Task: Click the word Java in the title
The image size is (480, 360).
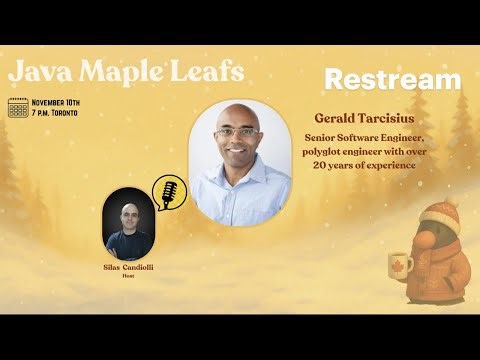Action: point(36,72)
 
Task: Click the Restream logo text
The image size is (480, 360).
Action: point(393,80)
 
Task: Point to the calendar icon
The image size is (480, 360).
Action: point(18,107)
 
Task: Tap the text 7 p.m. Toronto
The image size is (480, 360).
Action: point(63,113)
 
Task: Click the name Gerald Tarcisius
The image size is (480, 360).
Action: point(363,118)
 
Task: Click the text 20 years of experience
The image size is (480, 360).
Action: point(363,164)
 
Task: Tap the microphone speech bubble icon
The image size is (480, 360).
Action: point(165,191)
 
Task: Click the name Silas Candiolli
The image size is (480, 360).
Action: point(129,268)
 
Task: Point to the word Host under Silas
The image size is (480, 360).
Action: point(129,276)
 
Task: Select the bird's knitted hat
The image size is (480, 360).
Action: point(440,215)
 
